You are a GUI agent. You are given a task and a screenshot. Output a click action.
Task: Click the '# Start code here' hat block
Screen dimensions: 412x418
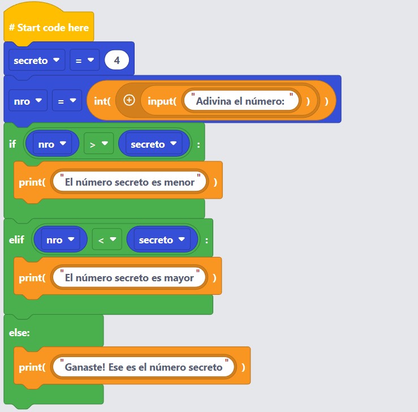49,27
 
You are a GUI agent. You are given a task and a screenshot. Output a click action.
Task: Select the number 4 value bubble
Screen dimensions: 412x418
117,60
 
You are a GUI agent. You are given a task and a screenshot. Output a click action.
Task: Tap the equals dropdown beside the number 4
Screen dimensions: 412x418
84,60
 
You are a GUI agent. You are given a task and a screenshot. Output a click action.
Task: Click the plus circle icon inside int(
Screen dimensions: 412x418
129,101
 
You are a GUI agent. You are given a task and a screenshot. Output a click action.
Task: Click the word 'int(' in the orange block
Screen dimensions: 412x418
101,101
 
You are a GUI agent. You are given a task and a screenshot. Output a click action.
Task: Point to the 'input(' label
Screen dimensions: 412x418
162,101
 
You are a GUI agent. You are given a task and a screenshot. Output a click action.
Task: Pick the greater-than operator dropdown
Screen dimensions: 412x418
98,144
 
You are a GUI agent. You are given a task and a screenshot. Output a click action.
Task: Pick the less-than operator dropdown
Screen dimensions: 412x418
106,240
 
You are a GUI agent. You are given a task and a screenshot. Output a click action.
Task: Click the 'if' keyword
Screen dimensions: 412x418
12,144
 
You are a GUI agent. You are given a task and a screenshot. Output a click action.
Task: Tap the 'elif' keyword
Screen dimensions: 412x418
16,240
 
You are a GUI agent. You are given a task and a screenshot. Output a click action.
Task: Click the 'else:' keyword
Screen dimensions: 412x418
19,333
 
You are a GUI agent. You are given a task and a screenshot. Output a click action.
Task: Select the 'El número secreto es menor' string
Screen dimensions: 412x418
130,182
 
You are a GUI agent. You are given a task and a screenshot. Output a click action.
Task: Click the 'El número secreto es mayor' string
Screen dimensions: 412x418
130,278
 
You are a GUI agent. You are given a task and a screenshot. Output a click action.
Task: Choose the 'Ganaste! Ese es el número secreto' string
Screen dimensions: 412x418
144,367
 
